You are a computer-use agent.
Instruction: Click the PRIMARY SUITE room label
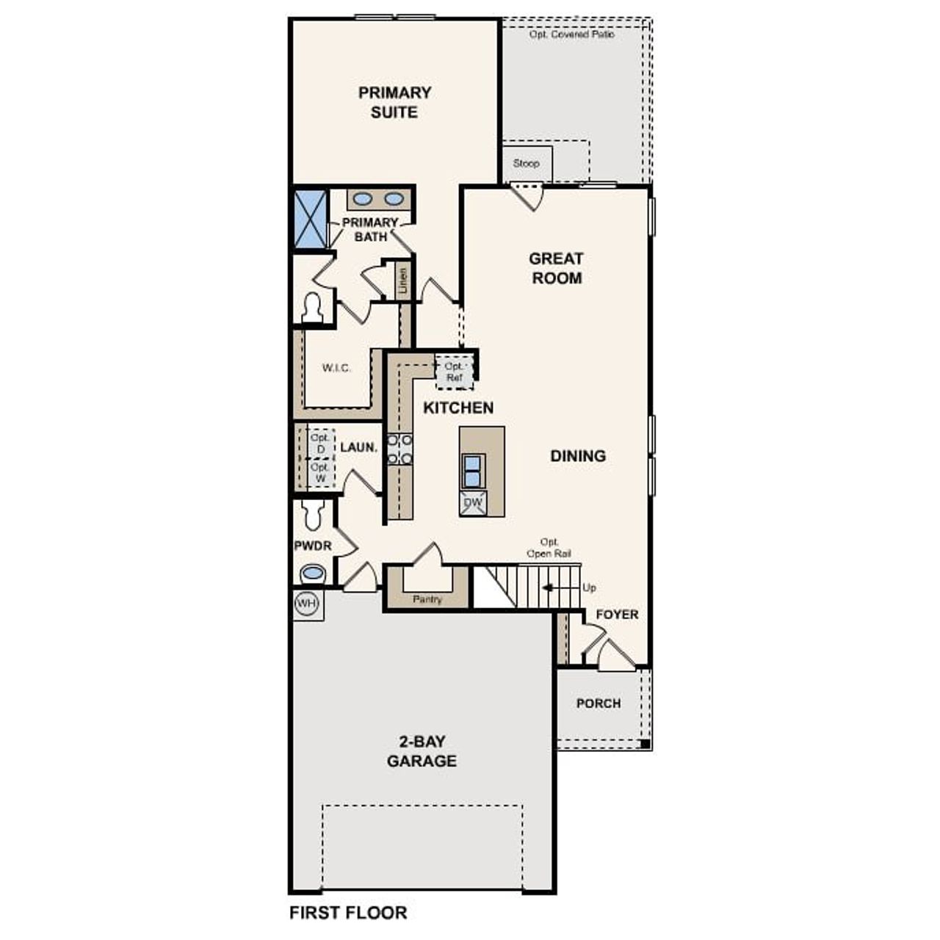point(394,102)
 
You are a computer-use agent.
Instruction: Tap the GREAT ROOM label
point(556,268)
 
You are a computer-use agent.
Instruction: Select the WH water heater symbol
point(306,604)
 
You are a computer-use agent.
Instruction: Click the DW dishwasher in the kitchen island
point(474,503)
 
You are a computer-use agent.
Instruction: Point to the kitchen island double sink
point(473,471)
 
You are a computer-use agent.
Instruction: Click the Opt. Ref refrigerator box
point(455,372)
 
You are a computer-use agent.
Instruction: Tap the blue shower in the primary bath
point(310,219)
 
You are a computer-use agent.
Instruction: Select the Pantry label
point(427,599)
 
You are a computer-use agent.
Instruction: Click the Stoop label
point(526,163)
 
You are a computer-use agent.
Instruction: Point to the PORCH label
point(598,704)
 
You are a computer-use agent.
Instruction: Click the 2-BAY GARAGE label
point(422,751)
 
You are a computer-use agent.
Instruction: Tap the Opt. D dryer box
point(320,443)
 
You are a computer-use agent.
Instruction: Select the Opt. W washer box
point(320,472)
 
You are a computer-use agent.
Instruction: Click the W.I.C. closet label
point(336,368)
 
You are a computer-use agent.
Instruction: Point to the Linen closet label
point(402,280)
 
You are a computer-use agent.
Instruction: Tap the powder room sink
point(314,573)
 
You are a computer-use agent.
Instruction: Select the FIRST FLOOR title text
point(348,913)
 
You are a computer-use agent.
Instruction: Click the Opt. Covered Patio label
point(572,35)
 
